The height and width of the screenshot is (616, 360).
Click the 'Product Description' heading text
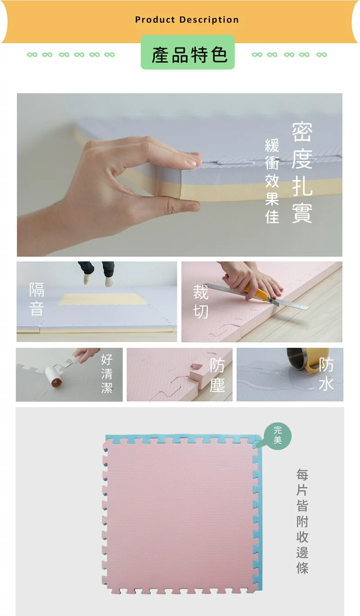[187, 20]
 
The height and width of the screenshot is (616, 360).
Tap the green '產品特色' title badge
[188, 53]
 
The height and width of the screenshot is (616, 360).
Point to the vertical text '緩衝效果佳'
[272, 181]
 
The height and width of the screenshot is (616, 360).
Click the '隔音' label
[36, 299]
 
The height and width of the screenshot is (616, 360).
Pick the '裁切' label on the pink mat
[201, 301]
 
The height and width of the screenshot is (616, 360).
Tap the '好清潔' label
[107, 374]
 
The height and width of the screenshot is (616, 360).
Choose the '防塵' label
[217, 375]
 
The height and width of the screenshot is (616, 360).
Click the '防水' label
[326, 374]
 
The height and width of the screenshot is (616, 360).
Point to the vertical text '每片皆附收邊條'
[302, 521]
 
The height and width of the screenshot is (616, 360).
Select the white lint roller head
[53, 376]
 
